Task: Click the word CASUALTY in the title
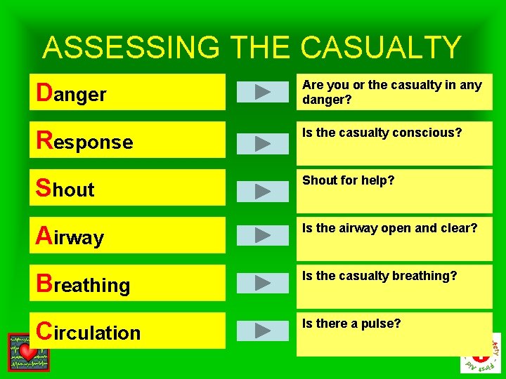click(x=381, y=48)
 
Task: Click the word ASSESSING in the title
click(x=131, y=48)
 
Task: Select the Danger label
click(x=72, y=93)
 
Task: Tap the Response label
click(x=84, y=141)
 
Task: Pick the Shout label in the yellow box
click(x=65, y=189)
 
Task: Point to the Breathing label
click(x=83, y=284)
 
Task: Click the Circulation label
click(x=89, y=331)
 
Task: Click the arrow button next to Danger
click(x=262, y=92)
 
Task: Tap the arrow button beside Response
click(x=262, y=142)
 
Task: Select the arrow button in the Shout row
click(x=262, y=190)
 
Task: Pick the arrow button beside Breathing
click(x=262, y=283)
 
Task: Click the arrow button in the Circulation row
click(x=262, y=330)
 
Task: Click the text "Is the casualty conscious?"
click(x=382, y=133)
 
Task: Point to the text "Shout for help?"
click(x=349, y=180)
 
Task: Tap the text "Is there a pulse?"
click(x=351, y=324)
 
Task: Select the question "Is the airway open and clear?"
click(x=390, y=228)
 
